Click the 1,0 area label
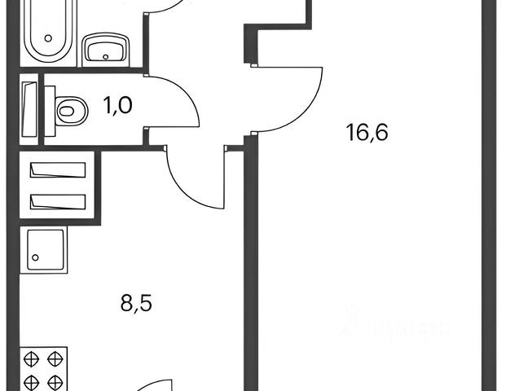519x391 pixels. pyautogui.click(x=118, y=105)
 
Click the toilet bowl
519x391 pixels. pyautogui.click(x=73, y=109)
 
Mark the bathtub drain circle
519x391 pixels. pyautogui.click(x=49, y=37)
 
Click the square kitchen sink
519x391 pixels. pyautogui.click(x=46, y=248)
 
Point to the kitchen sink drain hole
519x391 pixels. pyautogui.click(x=35, y=259)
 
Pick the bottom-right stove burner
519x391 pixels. pyautogui.click(x=55, y=380)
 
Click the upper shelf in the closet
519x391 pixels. pyautogui.click(x=58, y=170)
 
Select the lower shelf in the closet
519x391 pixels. pyautogui.click(x=58, y=200)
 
